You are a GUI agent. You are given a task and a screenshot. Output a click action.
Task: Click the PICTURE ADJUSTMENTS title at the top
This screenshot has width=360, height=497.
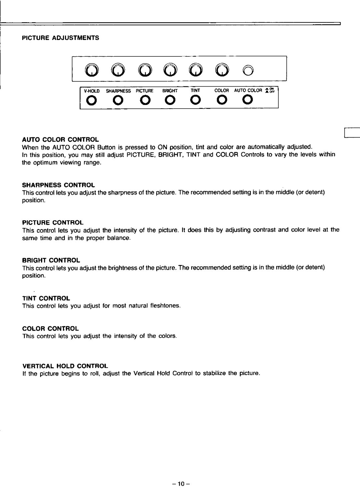(x=61, y=38)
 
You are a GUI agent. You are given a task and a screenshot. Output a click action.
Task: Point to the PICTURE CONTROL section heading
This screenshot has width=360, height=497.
(x=53, y=222)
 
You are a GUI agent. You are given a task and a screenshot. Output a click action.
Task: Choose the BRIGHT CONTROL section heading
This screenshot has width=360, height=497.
(x=51, y=260)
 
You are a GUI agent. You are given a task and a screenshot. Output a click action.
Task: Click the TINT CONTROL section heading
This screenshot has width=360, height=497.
(x=46, y=298)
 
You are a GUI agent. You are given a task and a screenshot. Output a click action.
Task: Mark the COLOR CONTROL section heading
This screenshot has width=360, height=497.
(x=51, y=328)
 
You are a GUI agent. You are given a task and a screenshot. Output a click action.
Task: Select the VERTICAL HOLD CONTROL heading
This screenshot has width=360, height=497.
(x=65, y=365)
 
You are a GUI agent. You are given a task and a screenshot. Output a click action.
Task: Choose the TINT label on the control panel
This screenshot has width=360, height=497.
(x=195, y=91)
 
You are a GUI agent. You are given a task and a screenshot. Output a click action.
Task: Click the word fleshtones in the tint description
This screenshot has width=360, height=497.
(x=165, y=305)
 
